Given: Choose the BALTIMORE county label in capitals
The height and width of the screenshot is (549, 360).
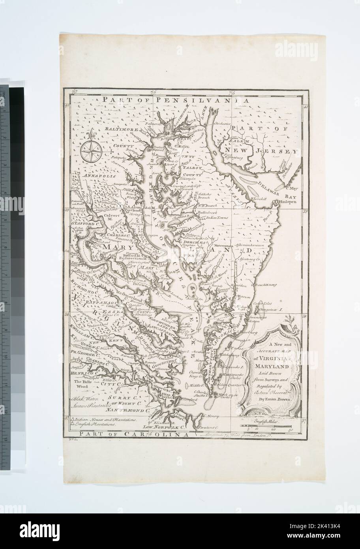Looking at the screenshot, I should pyautogui.click(x=121, y=129).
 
